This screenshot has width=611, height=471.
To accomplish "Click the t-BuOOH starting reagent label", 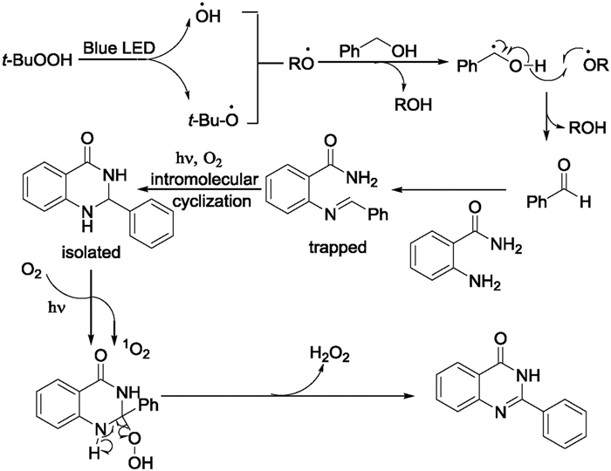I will coord(38,62).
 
